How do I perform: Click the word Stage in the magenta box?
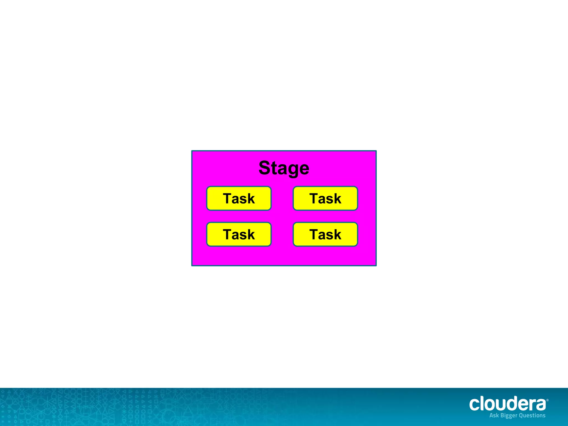click(x=284, y=168)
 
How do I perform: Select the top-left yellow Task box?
click(x=239, y=199)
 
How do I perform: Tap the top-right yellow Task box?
click(x=325, y=199)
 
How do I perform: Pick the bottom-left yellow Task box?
click(x=239, y=235)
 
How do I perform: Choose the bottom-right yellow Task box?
click(x=325, y=235)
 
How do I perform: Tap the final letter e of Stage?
click(x=304, y=169)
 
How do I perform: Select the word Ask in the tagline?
click(x=494, y=415)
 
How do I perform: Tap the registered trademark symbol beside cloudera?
click(x=547, y=400)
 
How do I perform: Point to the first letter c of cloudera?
click(x=474, y=405)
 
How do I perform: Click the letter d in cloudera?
click(x=512, y=404)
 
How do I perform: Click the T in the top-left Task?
click(x=228, y=199)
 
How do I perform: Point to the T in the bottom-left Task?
click(x=228, y=235)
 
